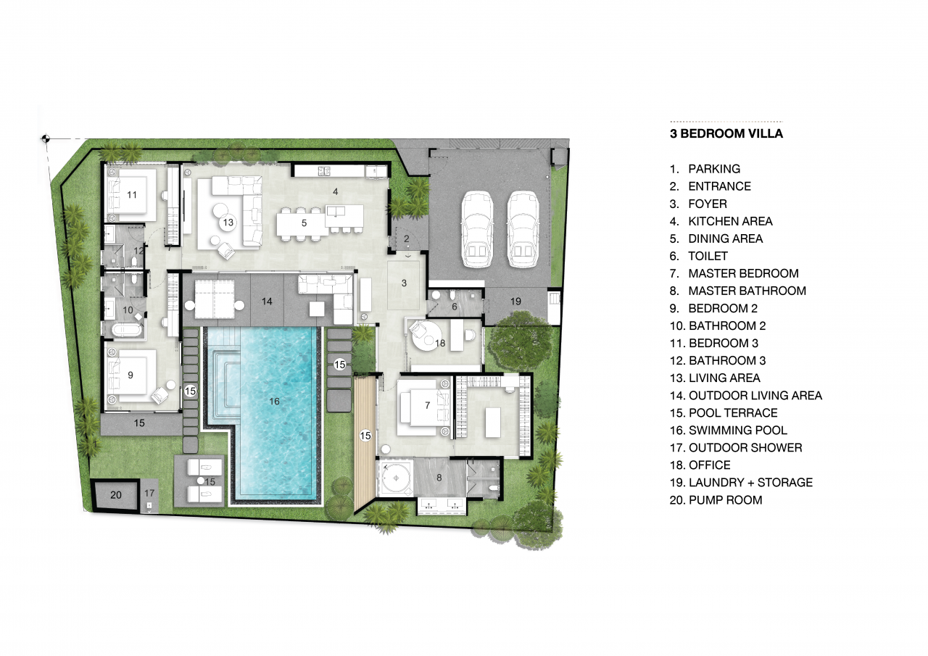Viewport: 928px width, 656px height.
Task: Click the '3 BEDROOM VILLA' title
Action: (x=726, y=133)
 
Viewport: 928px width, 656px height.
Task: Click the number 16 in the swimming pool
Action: (x=274, y=401)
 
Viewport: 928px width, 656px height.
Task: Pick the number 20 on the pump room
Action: (x=116, y=495)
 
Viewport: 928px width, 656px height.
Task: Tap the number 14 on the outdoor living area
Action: (x=267, y=301)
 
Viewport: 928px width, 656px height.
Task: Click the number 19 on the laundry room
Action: (x=515, y=301)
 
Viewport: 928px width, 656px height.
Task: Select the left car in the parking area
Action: (x=477, y=230)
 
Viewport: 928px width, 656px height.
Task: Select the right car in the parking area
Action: (x=523, y=230)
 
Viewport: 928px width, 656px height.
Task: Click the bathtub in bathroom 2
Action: (x=126, y=331)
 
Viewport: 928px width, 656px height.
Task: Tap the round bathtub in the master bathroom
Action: (x=396, y=478)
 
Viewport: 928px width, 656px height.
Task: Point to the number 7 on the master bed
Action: (x=428, y=405)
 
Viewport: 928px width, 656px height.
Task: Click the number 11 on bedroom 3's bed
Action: (x=132, y=195)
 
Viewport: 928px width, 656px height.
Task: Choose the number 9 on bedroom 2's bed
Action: (x=130, y=375)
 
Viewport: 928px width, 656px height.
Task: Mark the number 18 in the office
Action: (x=440, y=343)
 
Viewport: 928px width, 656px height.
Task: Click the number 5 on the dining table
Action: (x=304, y=223)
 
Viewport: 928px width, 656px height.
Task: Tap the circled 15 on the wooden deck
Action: (x=365, y=436)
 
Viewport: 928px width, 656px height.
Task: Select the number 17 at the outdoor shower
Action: (x=149, y=493)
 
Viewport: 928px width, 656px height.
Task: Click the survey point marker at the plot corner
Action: (x=46, y=138)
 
